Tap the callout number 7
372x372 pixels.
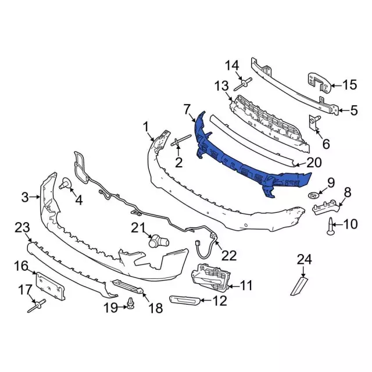point(187,109)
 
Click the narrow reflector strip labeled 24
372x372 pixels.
point(300,286)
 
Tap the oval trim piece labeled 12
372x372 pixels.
point(184,300)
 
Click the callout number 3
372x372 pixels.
point(25,197)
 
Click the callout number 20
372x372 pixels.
point(313,163)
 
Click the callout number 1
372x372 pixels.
point(146,126)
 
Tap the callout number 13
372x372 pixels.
point(221,87)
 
